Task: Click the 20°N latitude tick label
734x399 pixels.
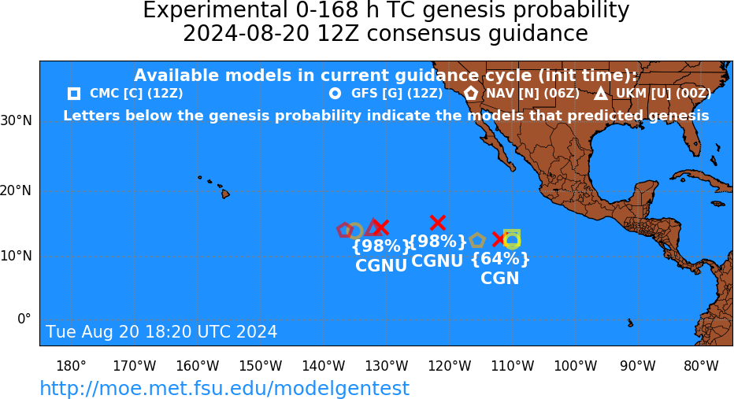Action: (16, 190)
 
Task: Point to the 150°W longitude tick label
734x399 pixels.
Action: (260, 365)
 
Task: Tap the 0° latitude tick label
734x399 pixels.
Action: (24, 319)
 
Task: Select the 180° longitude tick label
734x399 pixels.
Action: (71, 365)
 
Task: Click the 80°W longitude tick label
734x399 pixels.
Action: (701, 365)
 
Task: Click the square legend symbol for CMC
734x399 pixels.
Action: (73, 94)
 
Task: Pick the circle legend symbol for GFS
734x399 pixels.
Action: (335, 94)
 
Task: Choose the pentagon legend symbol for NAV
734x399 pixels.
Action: (471, 93)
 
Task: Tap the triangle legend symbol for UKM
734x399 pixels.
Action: (601, 94)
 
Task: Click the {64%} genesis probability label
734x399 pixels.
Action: (500, 259)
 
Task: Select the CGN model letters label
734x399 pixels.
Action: (500, 279)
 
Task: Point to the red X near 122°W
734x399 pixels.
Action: (438, 223)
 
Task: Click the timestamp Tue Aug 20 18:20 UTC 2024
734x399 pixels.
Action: (161, 331)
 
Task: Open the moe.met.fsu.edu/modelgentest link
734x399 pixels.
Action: (224, 388)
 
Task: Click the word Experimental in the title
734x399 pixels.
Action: (215, 11)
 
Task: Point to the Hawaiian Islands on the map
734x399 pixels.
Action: (214, 187)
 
